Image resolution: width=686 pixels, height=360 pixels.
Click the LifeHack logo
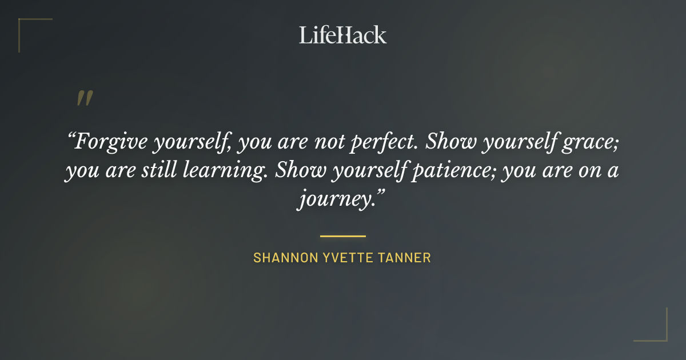(x=343, y=35)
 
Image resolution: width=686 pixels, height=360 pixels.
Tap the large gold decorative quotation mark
(x=85, y=99)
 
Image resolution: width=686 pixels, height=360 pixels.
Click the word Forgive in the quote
(x=112, y=142)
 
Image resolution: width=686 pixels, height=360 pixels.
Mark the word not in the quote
(x=327, y=142)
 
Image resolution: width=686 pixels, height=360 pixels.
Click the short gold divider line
(x=343, y=235)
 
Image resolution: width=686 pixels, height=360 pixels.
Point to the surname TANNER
(x=405, y=258)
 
